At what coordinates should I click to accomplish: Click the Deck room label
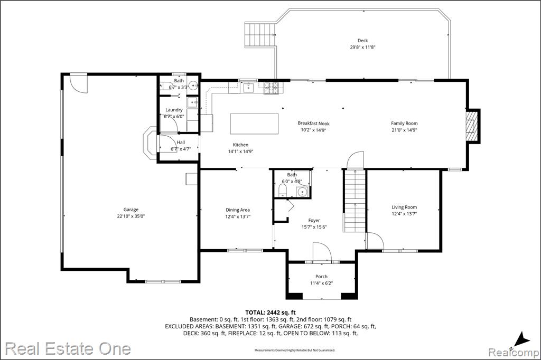click(362, 41)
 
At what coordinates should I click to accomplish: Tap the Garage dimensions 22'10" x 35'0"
click(131, 216)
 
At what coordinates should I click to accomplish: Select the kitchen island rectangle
click(254, 124)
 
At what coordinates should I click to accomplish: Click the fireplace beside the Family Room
click(472, 126)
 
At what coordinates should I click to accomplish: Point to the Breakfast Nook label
click(314, 123)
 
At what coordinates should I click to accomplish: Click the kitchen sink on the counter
click(248, 88)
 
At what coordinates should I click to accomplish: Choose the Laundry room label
click(174, 110)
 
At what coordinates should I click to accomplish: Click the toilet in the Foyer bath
click(282, 191)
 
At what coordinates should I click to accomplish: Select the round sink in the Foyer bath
click(302, 192)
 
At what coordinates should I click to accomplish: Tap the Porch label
click(321, 276)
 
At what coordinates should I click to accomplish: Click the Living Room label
click(404, 207)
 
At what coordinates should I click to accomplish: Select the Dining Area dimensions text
click(238, 216)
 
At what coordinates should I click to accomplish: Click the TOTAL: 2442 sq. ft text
click(270, 312)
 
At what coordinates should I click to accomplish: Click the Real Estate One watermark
click(68, 348)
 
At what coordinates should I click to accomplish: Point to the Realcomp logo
click(514, 353)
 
